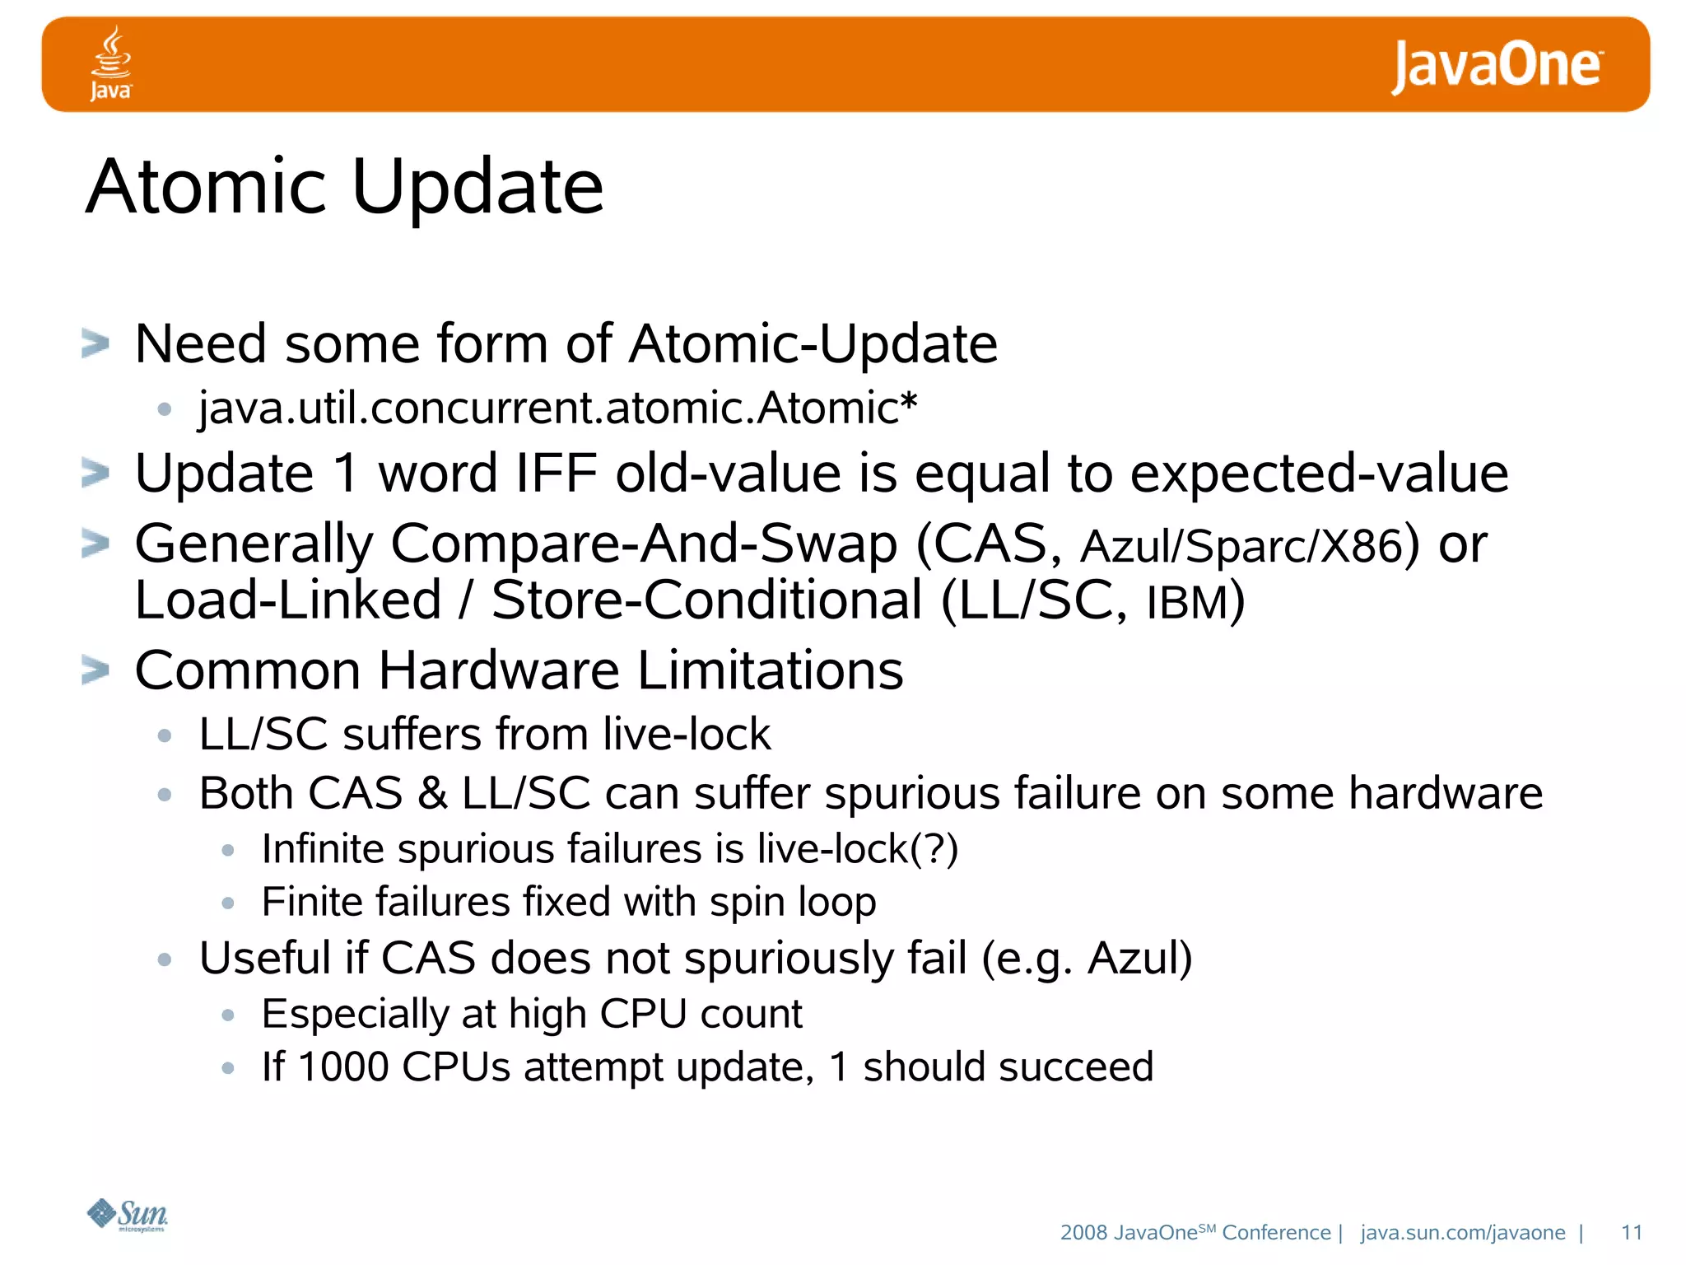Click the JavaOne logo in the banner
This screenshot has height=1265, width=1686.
coord(1496,66)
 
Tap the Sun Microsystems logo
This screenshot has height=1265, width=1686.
coord(128,1215)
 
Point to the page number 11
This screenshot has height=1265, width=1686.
coord(1631,1232)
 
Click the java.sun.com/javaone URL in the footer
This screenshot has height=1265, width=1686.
coord(1462,1232)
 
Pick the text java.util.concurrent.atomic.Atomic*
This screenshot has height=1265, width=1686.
coord(557,408)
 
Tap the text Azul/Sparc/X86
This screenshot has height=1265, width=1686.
coord(1241,546)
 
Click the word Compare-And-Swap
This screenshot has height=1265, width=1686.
coord(643,544)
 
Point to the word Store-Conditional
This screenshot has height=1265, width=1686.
coord(706,600)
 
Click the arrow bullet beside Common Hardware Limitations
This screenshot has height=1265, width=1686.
coord(95,670)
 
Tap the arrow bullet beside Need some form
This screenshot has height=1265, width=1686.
coord(95,343)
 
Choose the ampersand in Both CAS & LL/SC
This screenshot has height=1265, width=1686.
coord(432,793)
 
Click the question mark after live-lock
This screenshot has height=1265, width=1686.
coord(934,849)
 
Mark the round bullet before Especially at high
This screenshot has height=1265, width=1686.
coord(229,1015)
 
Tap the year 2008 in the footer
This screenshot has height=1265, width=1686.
coord(1083,1232)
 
